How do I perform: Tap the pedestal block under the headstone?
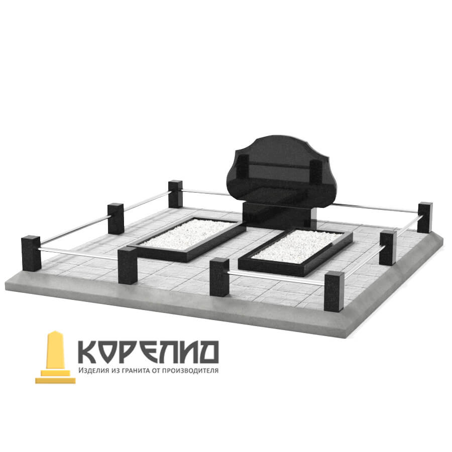[280, 215]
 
